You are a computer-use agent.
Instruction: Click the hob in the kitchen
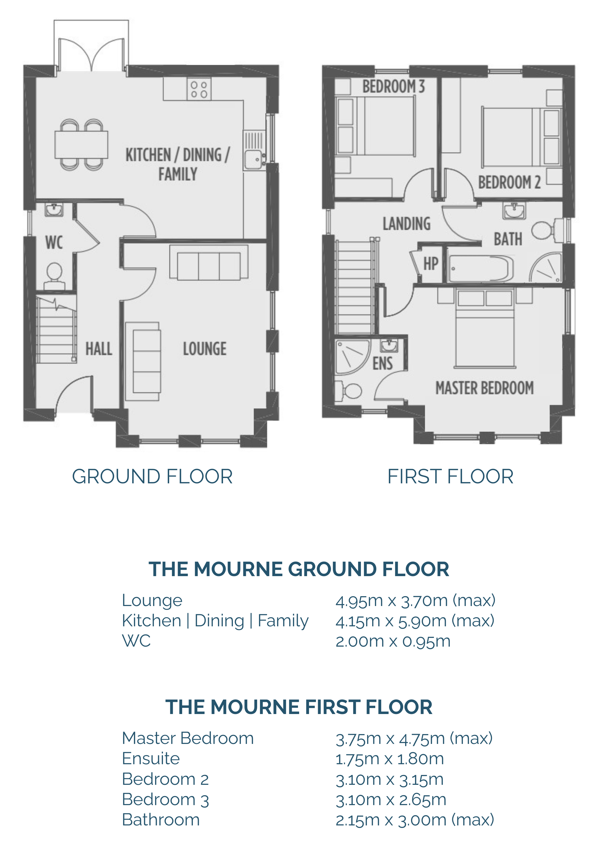[x=199, y=89]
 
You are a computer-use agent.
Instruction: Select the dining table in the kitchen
[x=81, y=144]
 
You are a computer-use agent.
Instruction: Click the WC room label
[x=54, y=243]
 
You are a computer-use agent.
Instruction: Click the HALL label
[x=99, y=349]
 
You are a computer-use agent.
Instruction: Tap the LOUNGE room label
[x=205, y=349]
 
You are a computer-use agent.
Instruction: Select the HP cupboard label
[x=431, y=264]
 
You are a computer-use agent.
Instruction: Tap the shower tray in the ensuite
[x=352, y=357]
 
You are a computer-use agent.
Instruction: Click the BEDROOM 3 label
[x=394, y=87]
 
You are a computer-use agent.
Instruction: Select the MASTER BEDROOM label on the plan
[x=484, y=388]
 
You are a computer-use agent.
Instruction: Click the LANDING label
[x=406, y=224]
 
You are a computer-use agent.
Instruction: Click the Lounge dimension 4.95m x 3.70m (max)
[x=415, y=601]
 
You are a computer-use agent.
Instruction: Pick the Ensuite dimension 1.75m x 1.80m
[x=389, y=759]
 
